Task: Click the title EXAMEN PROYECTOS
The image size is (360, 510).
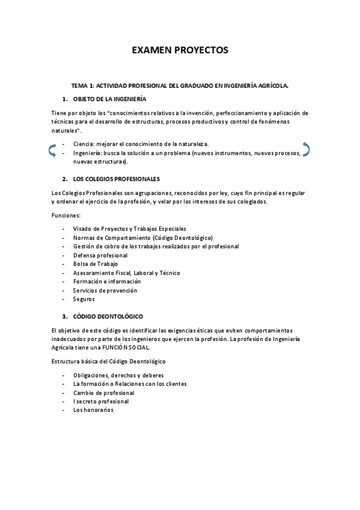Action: click(180, 51)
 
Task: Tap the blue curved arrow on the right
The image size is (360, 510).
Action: click(306, 149)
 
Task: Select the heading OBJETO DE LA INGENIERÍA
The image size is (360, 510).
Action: click(109, 99)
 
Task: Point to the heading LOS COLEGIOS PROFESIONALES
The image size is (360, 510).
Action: click(116, 179)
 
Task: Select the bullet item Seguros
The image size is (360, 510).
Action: click(84, 299)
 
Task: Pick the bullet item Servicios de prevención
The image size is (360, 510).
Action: click(105, 290)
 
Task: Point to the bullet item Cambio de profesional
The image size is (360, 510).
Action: click(103, 392)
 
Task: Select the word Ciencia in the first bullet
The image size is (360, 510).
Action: click(83, 144)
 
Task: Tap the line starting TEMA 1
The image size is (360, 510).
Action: click(180, 86)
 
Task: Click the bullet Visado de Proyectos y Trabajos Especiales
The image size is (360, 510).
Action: click(129, 229)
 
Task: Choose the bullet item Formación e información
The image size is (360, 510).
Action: click(106, 281)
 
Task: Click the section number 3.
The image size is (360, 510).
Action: click(64, 316)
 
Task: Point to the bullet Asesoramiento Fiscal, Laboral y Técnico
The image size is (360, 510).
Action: click(126, 272)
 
